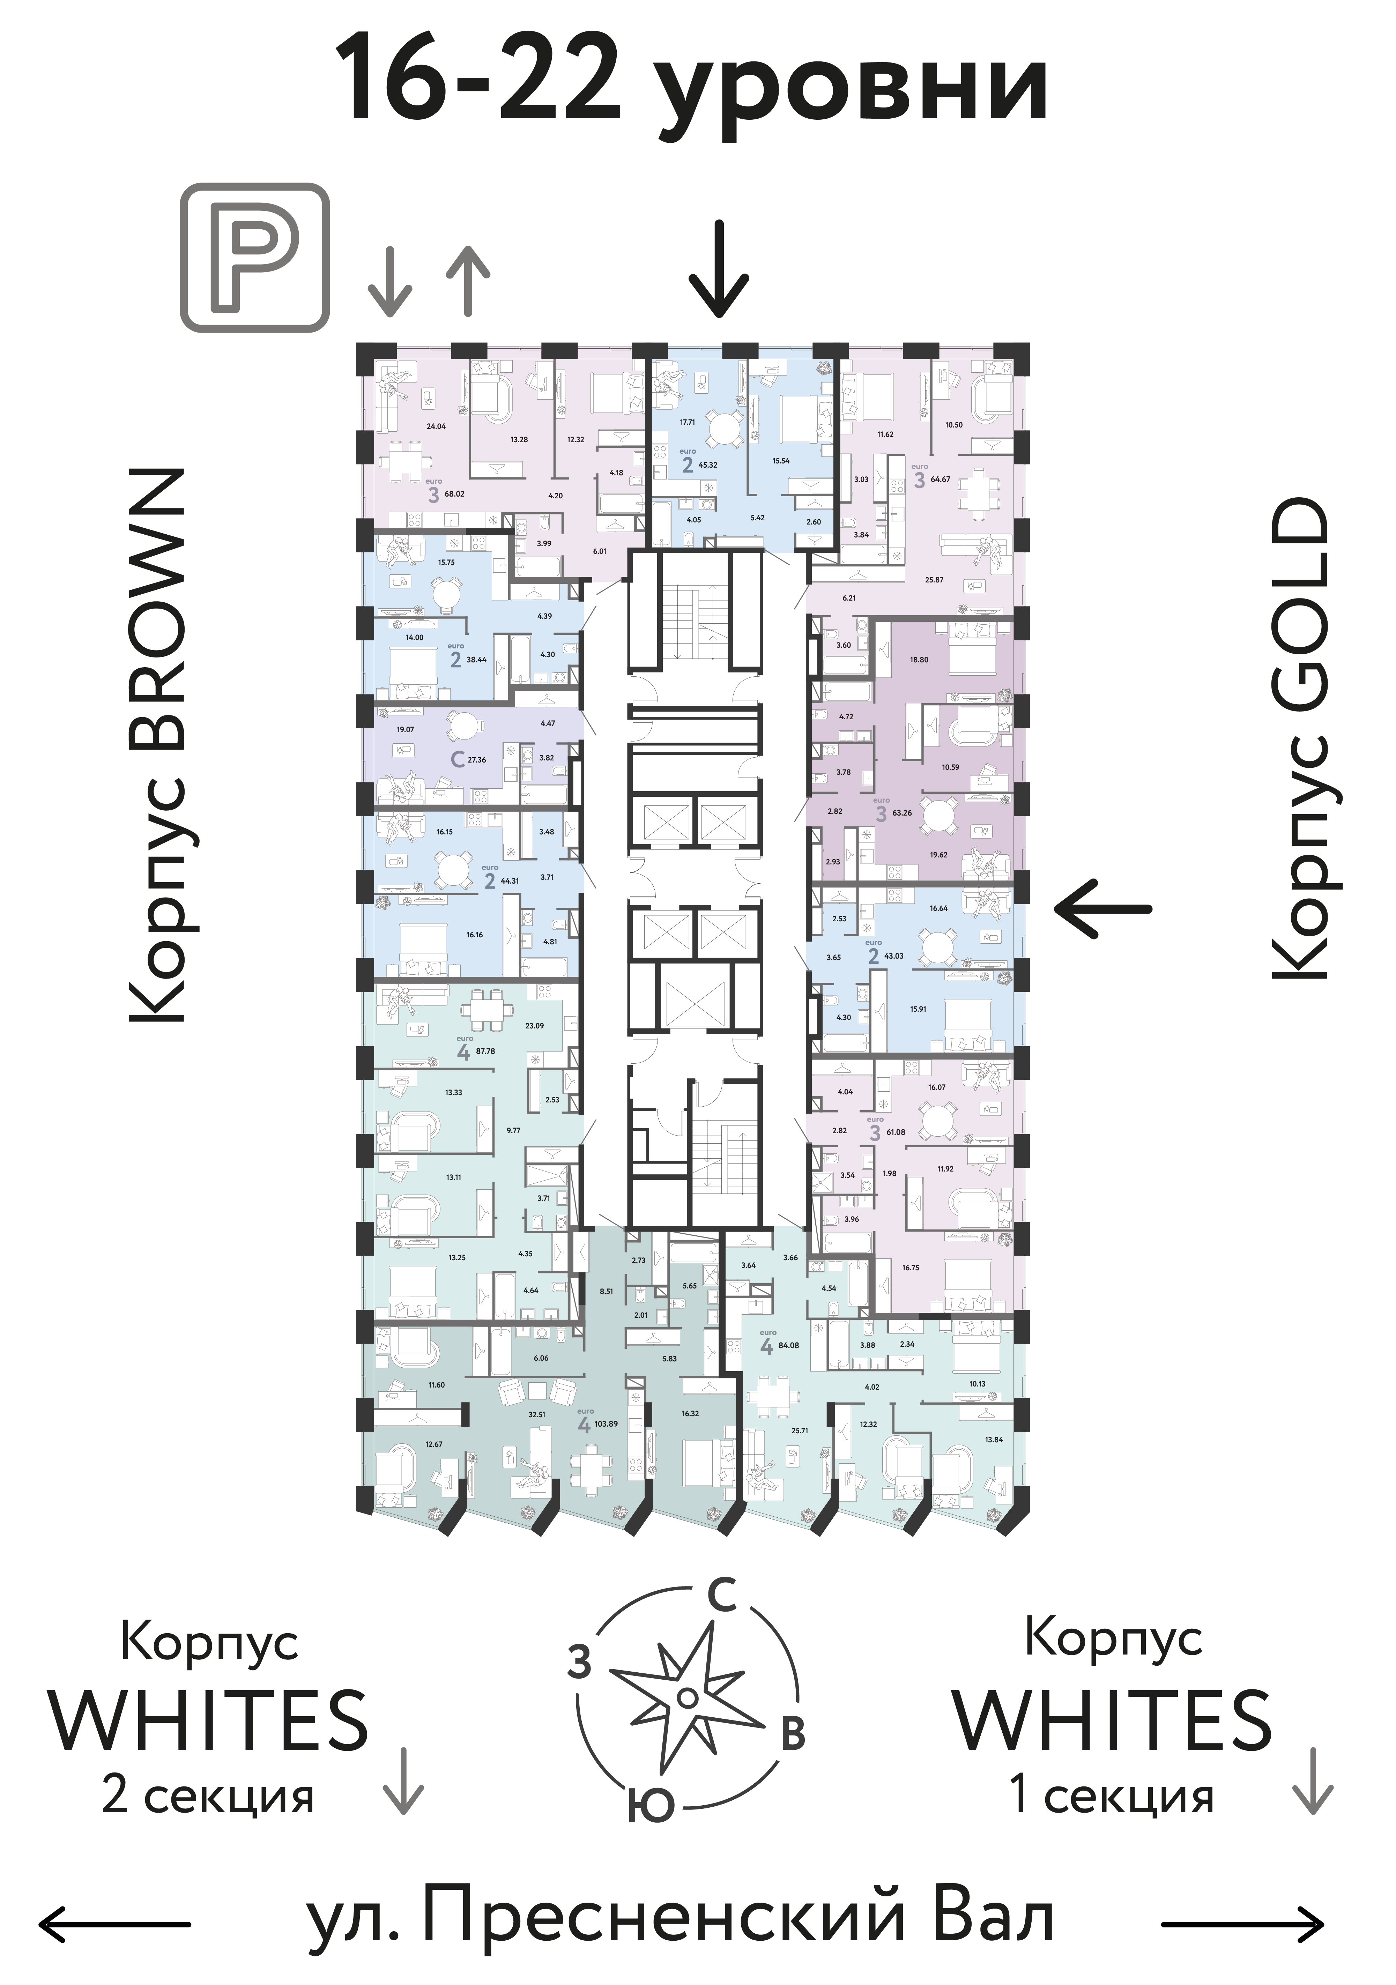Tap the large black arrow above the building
click(718, 269)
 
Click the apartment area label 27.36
click(476, 760)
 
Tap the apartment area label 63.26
click(901, 813)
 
